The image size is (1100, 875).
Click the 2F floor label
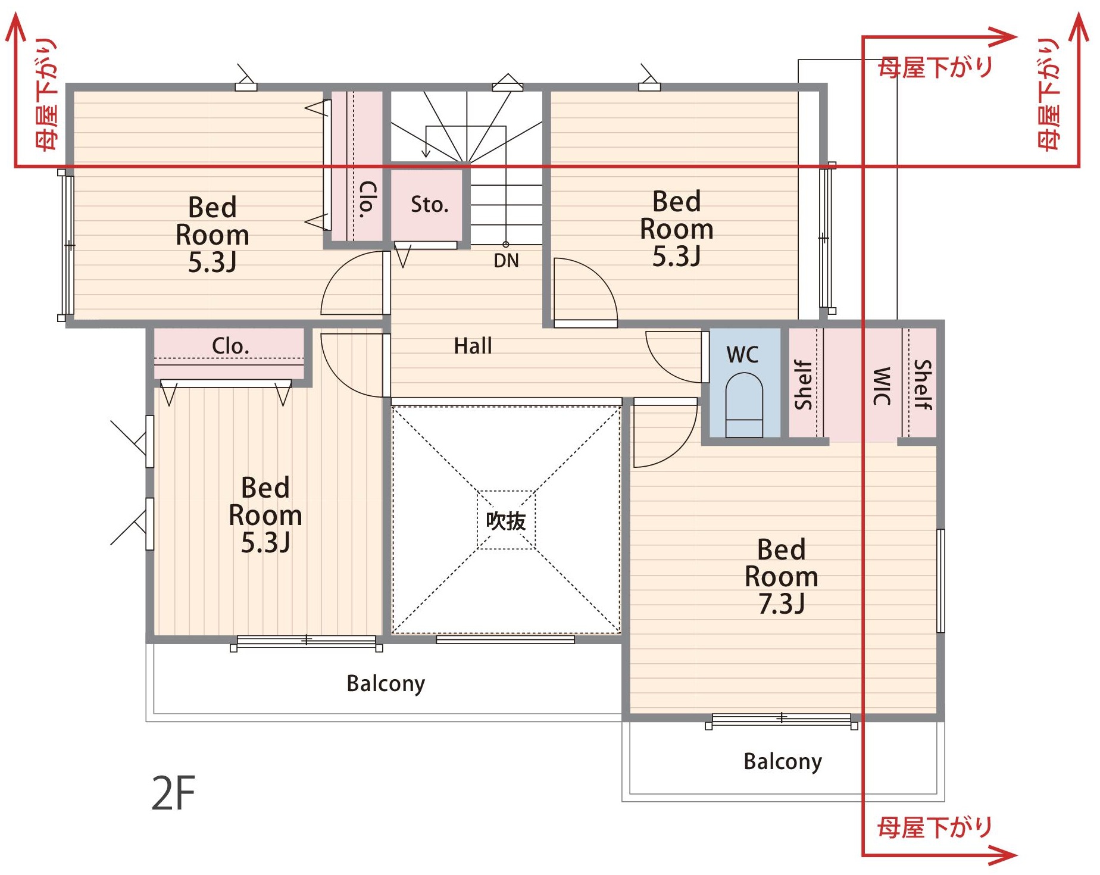pos(173,793)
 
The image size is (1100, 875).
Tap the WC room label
pos(742,355)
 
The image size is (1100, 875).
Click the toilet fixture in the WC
pos(744,405)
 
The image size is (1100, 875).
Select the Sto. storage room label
pos(429,204)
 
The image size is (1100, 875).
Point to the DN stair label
pos(506,261)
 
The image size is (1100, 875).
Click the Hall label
pos(473,346)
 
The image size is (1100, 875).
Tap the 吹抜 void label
pos(506,521)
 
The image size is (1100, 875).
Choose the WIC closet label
pos(882,386)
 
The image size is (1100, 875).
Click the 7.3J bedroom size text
pos(781,604)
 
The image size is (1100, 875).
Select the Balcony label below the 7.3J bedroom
pos(783,761)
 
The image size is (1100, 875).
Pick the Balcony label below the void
pos(386,683)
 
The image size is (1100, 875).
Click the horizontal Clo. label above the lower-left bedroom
pos(230,346)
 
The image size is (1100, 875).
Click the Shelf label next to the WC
pos(803,385)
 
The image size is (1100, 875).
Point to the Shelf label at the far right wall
pos(922,385)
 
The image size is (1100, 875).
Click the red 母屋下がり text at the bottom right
pos(935,827)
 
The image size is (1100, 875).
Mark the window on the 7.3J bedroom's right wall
pos(940,580)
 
